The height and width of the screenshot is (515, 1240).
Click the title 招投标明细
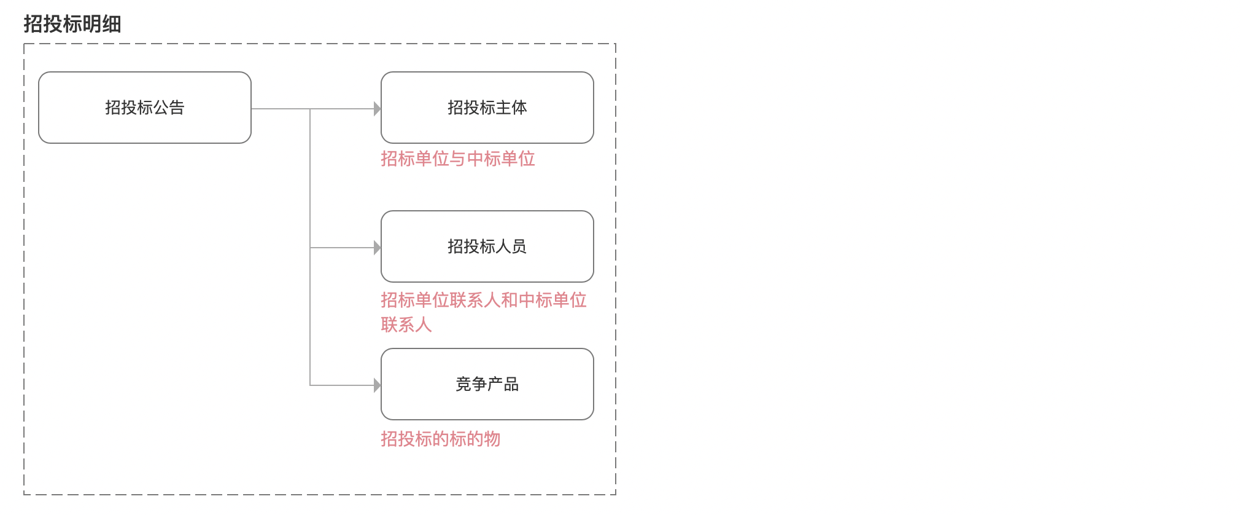coord(72,24)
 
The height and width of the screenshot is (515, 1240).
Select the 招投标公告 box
coord(145,108)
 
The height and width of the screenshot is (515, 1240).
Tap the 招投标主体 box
coord(487,108)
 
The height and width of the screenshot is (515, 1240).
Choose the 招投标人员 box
coord(487,246)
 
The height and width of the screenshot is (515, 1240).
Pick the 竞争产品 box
coord(487,384)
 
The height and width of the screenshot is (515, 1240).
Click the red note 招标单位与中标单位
coord(458,159)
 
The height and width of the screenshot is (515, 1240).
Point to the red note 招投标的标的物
coord(441,439)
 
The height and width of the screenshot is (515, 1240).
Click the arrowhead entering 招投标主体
coord(378,109)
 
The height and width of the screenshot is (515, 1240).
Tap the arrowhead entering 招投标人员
coord(378,248)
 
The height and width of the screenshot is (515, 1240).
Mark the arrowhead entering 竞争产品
coord(378,385)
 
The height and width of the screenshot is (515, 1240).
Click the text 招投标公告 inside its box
coord(145,108)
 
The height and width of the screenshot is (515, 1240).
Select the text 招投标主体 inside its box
coord(487,108)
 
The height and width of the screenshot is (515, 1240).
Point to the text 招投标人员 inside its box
coord(487,246)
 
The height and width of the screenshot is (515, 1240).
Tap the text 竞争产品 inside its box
coord(487,384)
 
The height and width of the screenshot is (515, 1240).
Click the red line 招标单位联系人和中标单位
coord(484,300)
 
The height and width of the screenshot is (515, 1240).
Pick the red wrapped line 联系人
coord(406,324)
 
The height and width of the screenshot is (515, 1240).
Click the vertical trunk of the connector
coord(310,247)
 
